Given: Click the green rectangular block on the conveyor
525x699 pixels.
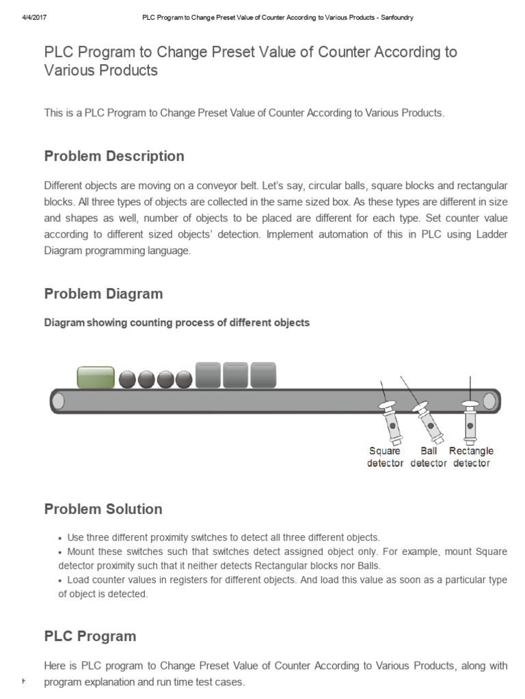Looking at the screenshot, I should (95, 377).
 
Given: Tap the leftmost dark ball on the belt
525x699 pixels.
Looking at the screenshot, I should (128, 380).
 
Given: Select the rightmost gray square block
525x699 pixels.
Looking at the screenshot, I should (263, 375).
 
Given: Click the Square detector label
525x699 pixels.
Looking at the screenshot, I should (385, 457).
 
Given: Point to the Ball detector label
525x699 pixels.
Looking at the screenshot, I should (429, 457).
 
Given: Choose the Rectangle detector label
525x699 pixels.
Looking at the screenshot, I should (471, 457).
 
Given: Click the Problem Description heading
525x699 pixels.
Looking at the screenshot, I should (114, 156).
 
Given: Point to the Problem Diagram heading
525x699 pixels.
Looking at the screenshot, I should (103, 294).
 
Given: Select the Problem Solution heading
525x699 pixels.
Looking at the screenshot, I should (103, 509).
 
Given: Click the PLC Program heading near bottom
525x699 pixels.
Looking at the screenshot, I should (90, 636).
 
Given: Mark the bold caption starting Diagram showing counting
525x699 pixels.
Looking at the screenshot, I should (177, 323).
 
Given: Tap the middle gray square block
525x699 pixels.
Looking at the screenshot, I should (236, 375).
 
